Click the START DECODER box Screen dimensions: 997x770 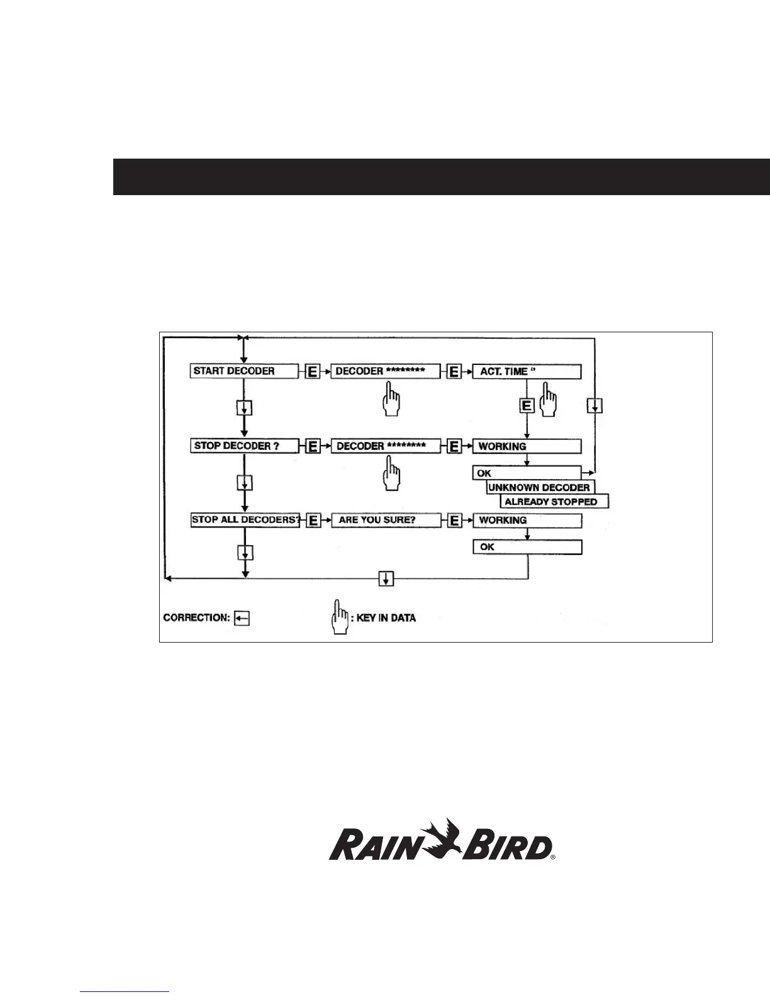pos(244,371)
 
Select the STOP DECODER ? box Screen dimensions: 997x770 pos(244,446)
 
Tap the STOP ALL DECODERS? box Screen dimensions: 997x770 pos(245,521)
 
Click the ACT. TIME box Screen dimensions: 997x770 pos(527,371)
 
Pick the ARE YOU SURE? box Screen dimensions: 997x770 pos(386,521)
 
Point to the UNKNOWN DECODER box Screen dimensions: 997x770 pos(540,487)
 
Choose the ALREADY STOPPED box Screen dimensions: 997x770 pos(554,502)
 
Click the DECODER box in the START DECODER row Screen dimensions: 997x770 pos(386,371)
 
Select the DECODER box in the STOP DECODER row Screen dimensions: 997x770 pos(386,446)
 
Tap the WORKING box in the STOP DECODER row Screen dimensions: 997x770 pos(527,446)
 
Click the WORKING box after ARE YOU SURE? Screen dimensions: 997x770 pos(527,521)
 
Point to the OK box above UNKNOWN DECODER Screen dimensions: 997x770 pos(527,473)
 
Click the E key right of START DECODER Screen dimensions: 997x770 pos(313,372)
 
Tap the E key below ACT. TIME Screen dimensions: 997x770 pos(527,405)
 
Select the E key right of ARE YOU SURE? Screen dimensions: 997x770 pos(454,521)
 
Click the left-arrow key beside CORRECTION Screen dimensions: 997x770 pos(242,618)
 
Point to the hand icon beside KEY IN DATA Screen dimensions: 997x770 pos(340,618)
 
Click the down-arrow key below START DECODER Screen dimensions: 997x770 pos(245,408)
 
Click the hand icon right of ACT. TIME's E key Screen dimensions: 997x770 pos(549,403)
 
